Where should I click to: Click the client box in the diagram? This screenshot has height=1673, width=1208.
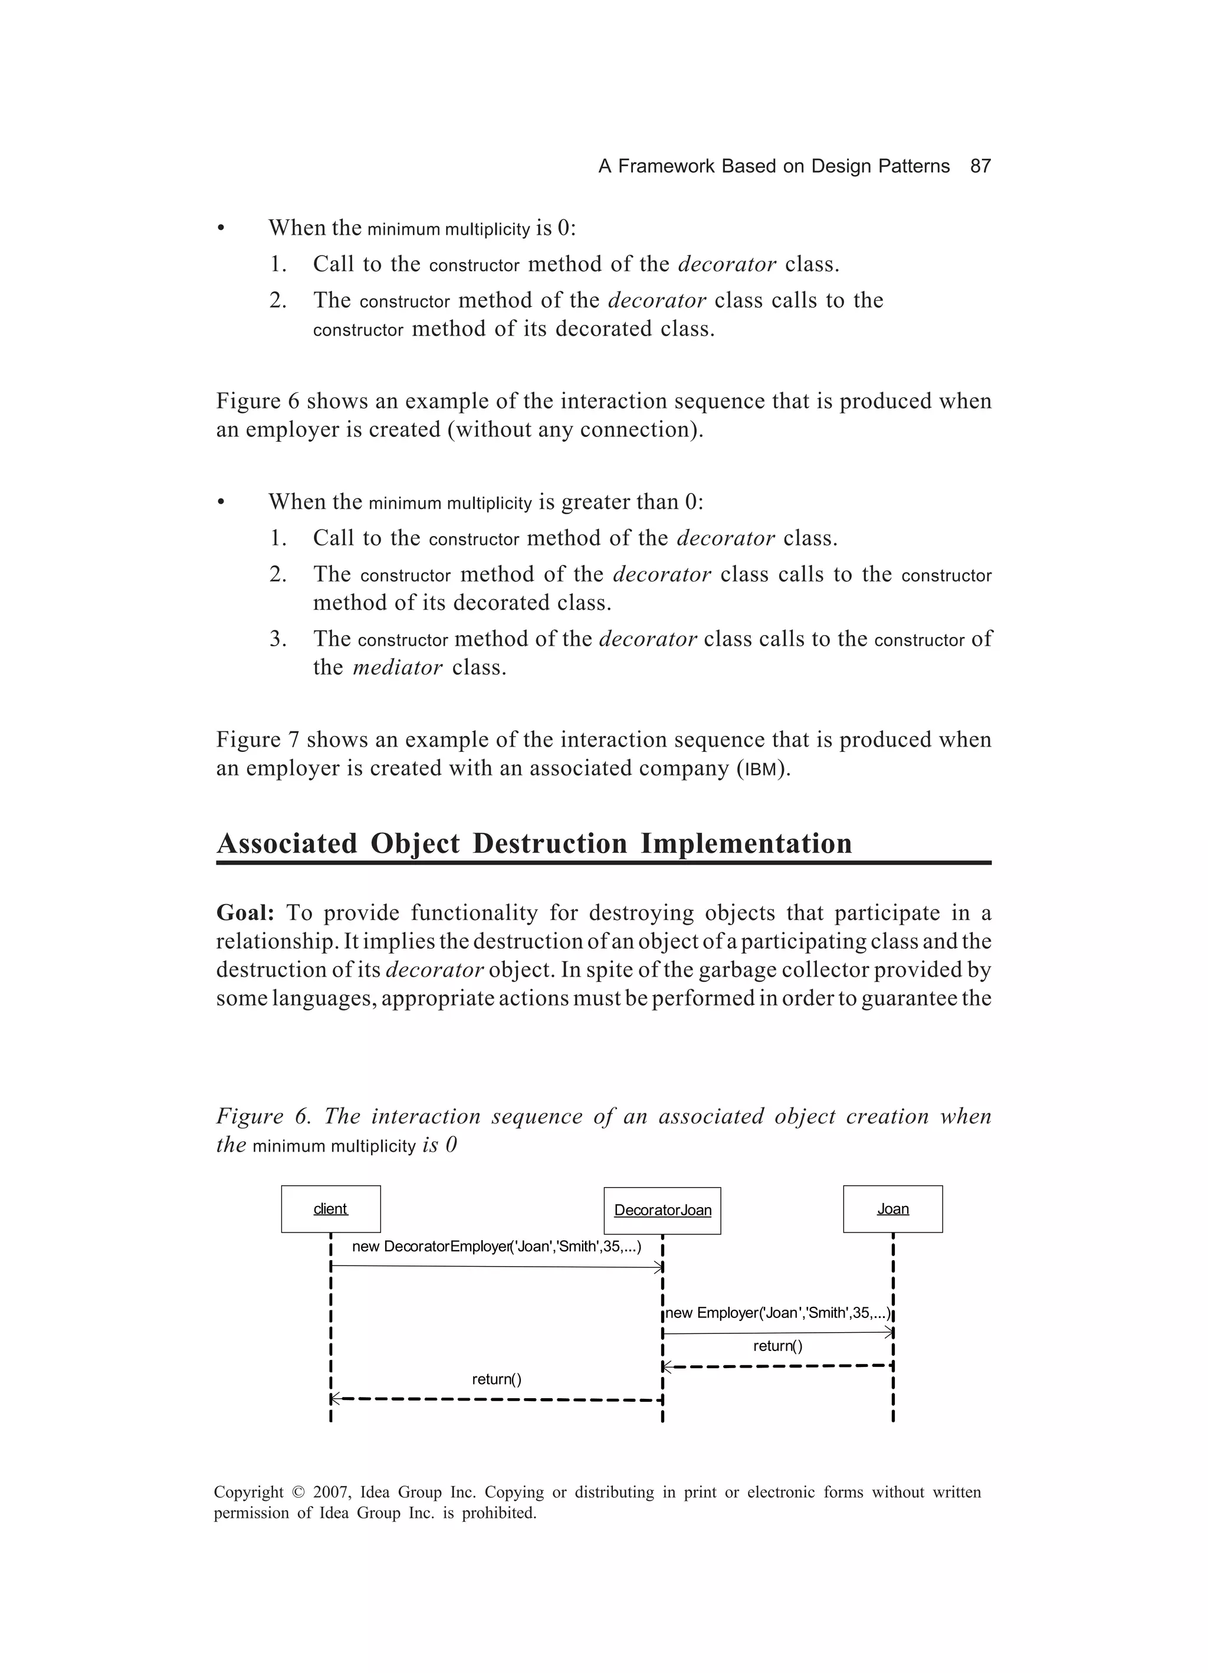click(x=330, y=1209)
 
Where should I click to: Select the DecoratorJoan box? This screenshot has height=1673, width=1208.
click(x=662, y=1211)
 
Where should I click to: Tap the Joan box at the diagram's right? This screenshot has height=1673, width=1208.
click(x=892, y=1209)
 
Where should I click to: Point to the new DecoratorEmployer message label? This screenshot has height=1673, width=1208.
click(x=496, y=1247)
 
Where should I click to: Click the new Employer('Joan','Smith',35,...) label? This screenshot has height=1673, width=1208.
click(x=778, y=1313)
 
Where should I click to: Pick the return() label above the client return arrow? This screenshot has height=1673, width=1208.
click(x=496, y=1379)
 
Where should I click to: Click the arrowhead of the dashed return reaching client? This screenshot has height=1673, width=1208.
click(x=334, y=1399)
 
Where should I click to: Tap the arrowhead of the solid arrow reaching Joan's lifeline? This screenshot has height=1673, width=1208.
click(x=889, y=1333)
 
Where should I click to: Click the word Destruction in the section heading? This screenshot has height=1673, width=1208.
click(x=549, y=843)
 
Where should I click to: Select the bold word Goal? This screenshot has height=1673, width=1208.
click(x=245, y=913)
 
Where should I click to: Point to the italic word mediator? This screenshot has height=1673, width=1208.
click(x=397, y=668)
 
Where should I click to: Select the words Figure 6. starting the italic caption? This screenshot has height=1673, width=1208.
click(x=262, y=1117)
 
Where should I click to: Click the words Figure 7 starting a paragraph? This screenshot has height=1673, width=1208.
click(x=258, y=740)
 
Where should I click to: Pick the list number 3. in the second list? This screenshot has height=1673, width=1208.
click(x=278, y=639)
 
